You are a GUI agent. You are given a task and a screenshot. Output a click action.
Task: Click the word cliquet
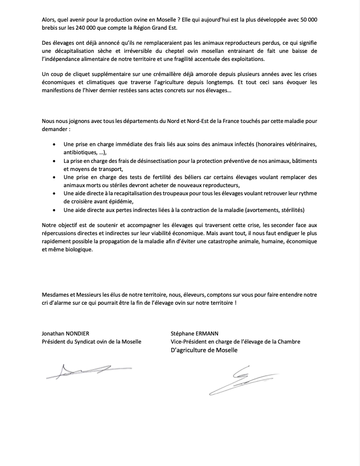(79, 74)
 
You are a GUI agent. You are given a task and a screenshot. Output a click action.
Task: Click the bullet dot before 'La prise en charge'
(54, 161)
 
